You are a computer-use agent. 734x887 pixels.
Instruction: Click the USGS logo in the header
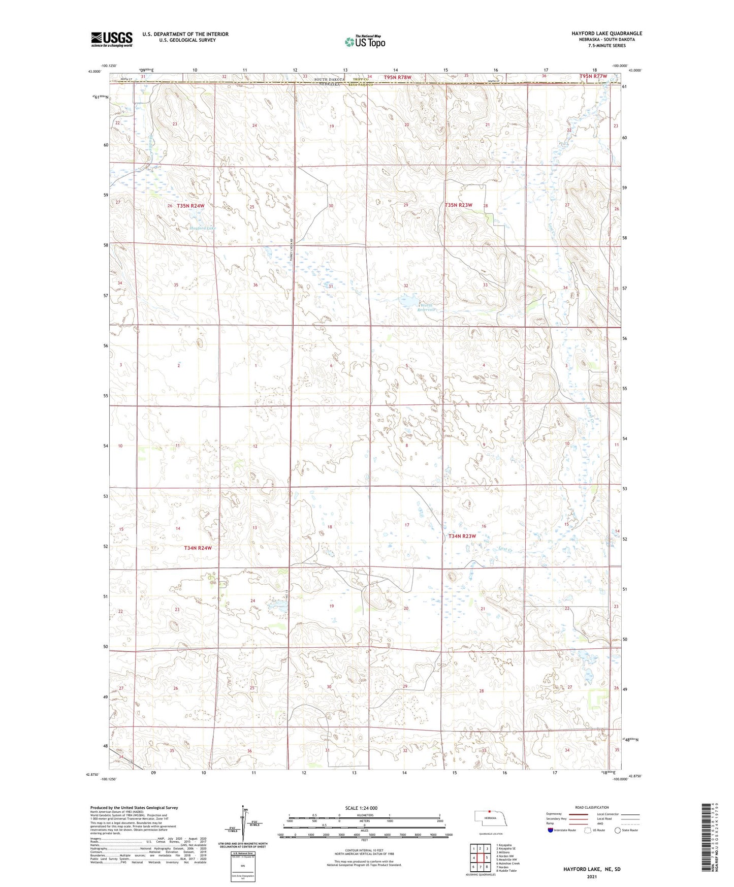(111, 39)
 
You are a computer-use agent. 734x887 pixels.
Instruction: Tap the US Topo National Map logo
(365, 42)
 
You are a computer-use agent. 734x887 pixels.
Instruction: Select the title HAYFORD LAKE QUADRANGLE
(606, 34)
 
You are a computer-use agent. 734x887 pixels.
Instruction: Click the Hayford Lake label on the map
(203, 228)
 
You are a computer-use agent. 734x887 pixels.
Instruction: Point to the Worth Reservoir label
(426, 307)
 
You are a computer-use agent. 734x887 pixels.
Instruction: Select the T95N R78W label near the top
(397, 77)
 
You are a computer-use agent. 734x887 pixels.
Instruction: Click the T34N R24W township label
(198, 548)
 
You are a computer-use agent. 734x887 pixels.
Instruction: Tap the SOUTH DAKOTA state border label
(329, 80)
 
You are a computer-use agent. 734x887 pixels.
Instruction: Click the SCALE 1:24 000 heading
(361, 808)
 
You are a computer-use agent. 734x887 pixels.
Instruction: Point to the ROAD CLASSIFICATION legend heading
(592, 807)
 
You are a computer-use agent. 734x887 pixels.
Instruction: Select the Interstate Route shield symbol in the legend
(550, 830)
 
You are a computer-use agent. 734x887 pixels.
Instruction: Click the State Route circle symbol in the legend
(618, 830)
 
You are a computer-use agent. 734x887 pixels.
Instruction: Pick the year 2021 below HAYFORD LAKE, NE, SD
(592, 877)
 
